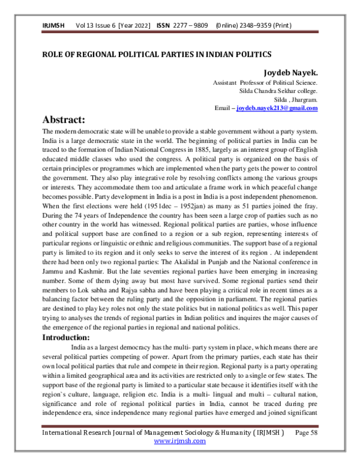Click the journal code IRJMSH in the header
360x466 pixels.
(53, 26)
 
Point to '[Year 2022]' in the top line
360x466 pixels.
(136, 26)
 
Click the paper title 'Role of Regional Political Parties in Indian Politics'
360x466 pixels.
(156, 54)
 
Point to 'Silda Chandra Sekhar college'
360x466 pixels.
(278, 91)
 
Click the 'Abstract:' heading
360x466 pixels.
(73, 120)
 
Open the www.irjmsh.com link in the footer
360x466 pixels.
(180, 441)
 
